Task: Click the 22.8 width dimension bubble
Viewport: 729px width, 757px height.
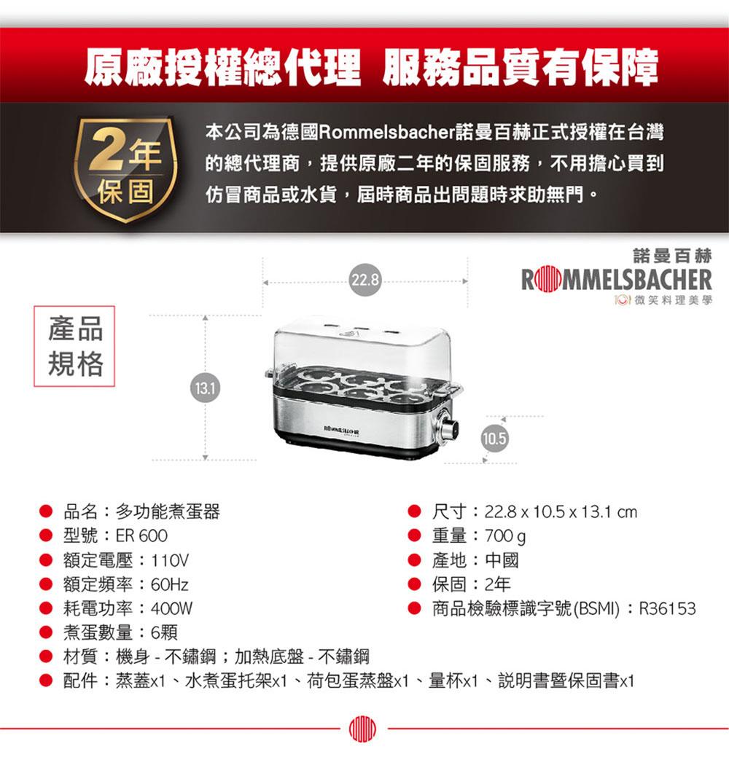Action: [364, 280]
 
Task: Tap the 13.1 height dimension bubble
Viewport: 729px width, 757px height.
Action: [205, 388]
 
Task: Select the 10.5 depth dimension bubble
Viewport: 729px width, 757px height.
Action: [494, 439]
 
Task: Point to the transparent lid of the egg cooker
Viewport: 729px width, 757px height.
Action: [362, 353]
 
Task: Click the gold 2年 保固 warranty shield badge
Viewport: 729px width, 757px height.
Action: [125, 169]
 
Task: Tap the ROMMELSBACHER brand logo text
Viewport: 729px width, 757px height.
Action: [617, 280]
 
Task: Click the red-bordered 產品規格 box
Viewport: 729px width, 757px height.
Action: [74, 346]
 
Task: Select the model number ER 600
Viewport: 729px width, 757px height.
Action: [141, 536]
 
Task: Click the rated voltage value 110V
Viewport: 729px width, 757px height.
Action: [170, 560]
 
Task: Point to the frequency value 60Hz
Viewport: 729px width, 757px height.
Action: [170, 584]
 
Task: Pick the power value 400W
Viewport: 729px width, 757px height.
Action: [171, 608]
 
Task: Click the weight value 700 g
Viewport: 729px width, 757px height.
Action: [505, 536]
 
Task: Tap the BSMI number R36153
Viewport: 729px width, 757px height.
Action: [668, 608]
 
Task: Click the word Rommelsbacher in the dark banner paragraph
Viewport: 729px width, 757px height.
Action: [386, 132]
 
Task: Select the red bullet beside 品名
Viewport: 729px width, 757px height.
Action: [46, 511]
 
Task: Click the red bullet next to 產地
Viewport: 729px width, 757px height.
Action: [415, 560]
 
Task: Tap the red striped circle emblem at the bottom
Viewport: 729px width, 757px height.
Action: [362, 729]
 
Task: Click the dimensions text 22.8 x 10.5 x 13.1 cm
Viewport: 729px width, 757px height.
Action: [561, 511]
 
